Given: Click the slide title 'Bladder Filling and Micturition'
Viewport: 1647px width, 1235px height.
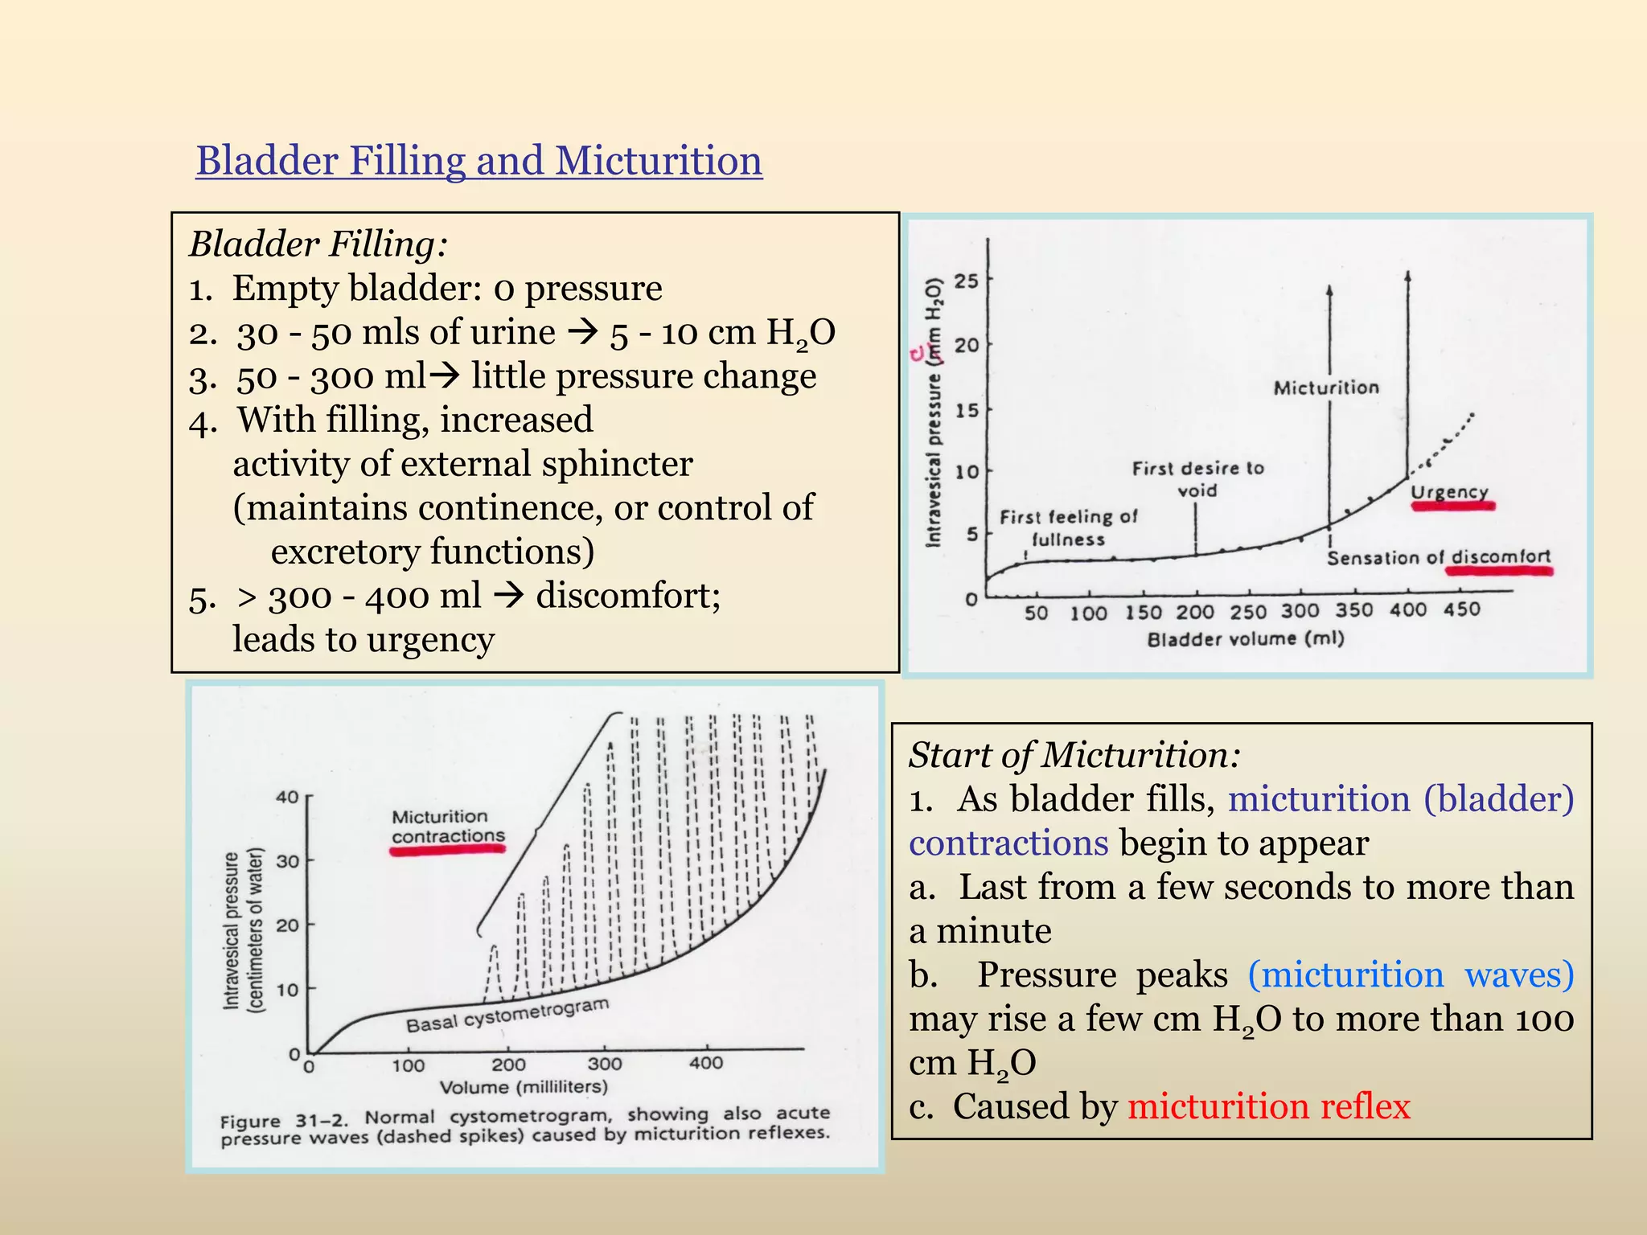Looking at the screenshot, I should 478,160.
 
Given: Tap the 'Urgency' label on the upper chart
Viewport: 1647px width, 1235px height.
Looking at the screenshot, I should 1450,491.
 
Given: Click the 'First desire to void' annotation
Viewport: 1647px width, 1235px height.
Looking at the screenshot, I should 1197,478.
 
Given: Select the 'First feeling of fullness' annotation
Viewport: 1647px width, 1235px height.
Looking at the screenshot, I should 1068,527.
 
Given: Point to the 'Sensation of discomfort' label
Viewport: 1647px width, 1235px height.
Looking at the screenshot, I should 1438,557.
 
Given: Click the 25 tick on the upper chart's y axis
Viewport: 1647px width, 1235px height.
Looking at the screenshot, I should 967,281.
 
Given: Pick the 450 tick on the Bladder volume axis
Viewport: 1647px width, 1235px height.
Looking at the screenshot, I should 1461,609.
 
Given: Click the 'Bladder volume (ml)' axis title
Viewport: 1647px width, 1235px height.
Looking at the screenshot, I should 1245,639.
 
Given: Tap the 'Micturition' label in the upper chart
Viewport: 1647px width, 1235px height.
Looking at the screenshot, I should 1326,388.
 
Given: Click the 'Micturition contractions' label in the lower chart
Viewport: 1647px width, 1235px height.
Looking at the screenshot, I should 447,827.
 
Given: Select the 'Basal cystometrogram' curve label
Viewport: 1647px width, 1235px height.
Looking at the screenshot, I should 507,1015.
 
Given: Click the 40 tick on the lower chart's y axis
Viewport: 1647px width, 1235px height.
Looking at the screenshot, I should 287,797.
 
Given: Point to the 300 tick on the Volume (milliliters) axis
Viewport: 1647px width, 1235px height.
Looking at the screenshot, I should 605,1064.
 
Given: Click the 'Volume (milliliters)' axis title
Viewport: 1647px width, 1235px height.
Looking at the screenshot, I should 524,1087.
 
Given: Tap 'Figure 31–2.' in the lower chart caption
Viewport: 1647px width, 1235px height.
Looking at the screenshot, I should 284,1120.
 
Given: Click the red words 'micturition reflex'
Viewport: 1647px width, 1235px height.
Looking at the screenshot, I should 1268,1106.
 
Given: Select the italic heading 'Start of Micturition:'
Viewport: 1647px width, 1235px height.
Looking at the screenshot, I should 1074,755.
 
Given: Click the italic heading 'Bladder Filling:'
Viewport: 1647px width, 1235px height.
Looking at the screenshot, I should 318,244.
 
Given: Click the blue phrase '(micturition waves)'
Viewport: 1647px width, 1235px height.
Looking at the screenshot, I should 1411,974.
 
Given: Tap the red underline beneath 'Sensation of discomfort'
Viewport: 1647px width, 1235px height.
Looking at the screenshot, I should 1499,571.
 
